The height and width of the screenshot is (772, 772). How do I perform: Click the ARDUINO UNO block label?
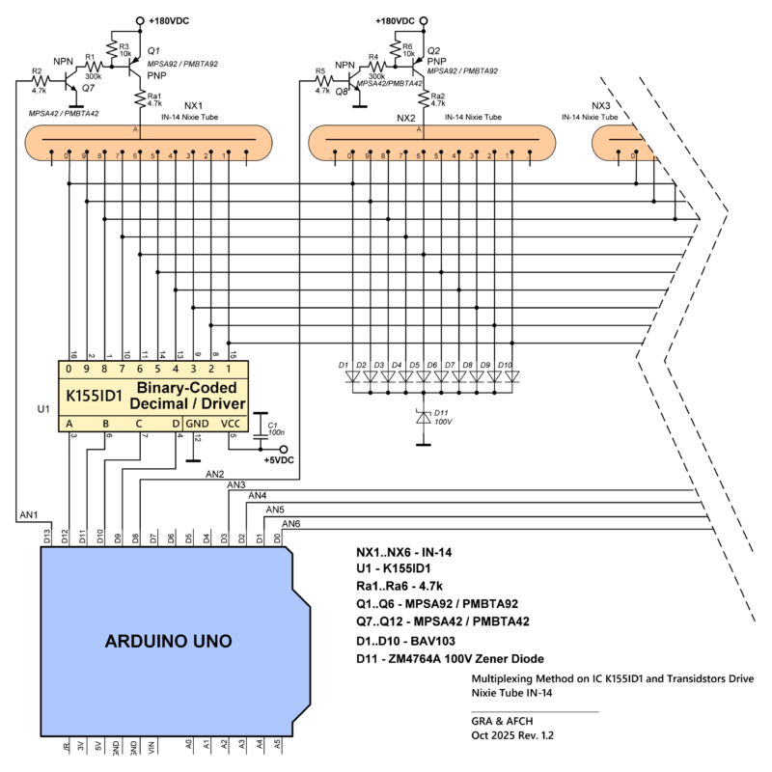point(168,641)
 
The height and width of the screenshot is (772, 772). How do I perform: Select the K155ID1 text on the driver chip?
point(93,396)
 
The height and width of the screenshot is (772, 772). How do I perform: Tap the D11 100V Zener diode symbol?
point(422,417)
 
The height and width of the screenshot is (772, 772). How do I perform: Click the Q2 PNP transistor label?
point(433,50)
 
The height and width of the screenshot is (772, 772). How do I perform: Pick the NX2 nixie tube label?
point(406,119)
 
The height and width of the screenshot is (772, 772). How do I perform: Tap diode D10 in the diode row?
point(510,378)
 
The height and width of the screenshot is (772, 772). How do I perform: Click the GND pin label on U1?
point(197,422)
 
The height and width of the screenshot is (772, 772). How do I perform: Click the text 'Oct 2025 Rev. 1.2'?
point(507,735)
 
